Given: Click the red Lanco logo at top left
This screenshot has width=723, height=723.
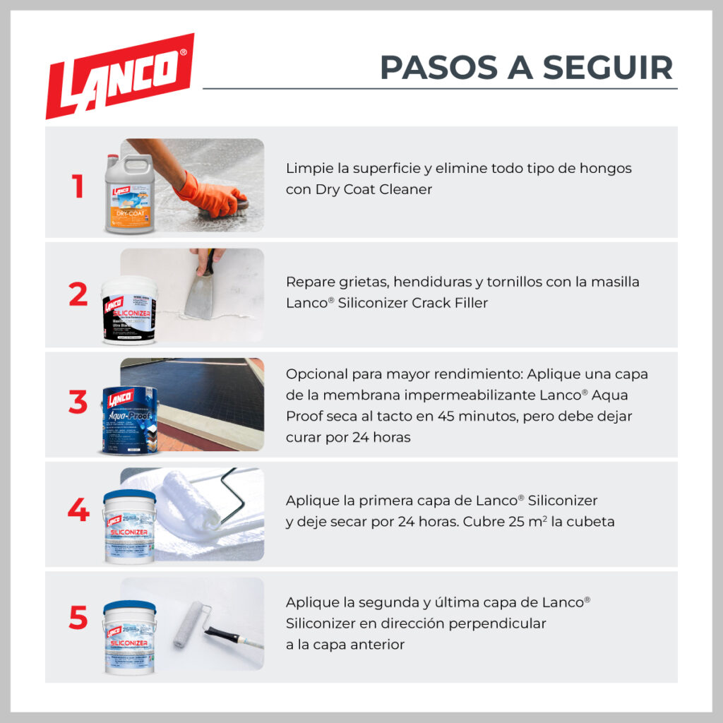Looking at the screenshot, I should (119, 75).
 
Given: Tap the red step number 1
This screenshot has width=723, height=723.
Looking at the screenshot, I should (78, 187).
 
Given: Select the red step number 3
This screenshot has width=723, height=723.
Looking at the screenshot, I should (78, 402).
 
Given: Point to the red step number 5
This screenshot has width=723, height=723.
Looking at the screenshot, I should (78, 619).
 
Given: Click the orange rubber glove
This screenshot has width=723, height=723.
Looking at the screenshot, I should (209, 194).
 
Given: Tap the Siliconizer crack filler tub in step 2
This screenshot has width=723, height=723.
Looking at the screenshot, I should (129, 311).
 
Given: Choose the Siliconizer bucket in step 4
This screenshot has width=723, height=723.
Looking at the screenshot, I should (129, 526).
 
